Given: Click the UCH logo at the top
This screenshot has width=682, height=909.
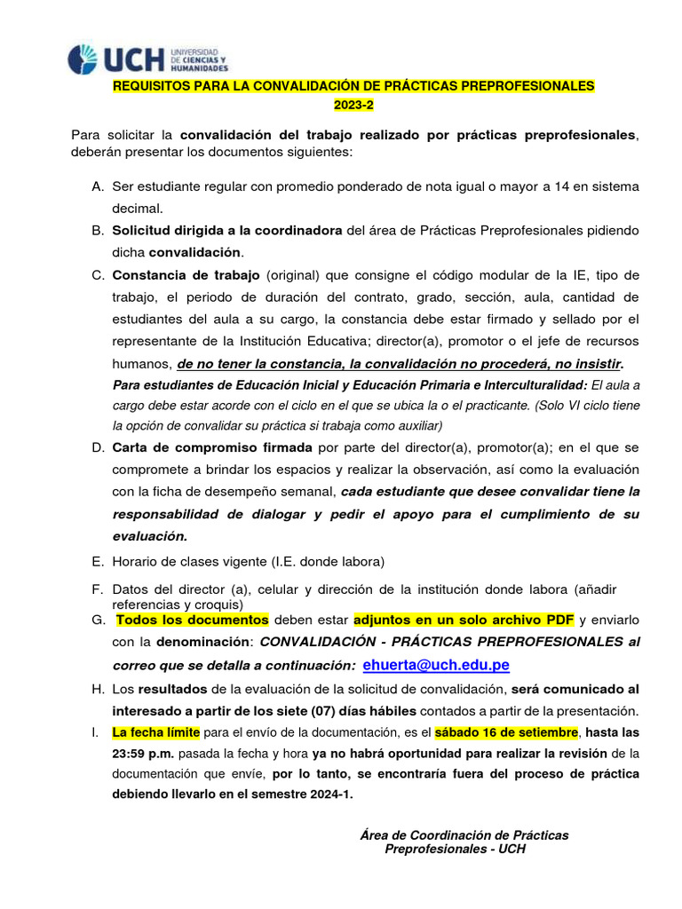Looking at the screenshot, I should click(147, 59).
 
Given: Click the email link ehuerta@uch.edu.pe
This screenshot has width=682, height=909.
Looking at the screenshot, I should click(436, 666).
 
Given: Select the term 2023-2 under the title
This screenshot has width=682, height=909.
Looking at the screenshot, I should click(354, 106).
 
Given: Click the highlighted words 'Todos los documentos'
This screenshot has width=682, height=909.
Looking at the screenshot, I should click(192, 619).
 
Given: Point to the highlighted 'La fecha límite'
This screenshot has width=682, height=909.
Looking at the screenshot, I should click(156, 731).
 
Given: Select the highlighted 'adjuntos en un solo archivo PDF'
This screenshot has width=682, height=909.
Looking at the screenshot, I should click(464, 619).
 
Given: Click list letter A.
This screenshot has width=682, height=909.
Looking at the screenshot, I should click(98, 186).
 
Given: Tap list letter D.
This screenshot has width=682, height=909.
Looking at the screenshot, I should click(98, 448).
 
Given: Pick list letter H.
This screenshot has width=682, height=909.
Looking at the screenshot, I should click(98, 689).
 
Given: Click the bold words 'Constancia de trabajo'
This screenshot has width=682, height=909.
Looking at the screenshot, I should click(186, 274).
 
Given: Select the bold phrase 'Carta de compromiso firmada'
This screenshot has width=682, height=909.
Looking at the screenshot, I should click(212, 448).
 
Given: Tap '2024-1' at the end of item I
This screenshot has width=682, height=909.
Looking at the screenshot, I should click(329, 794).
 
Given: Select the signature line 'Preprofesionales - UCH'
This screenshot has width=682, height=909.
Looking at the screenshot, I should click(455, 850).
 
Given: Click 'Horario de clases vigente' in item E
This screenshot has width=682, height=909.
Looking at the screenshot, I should click(191, 561).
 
